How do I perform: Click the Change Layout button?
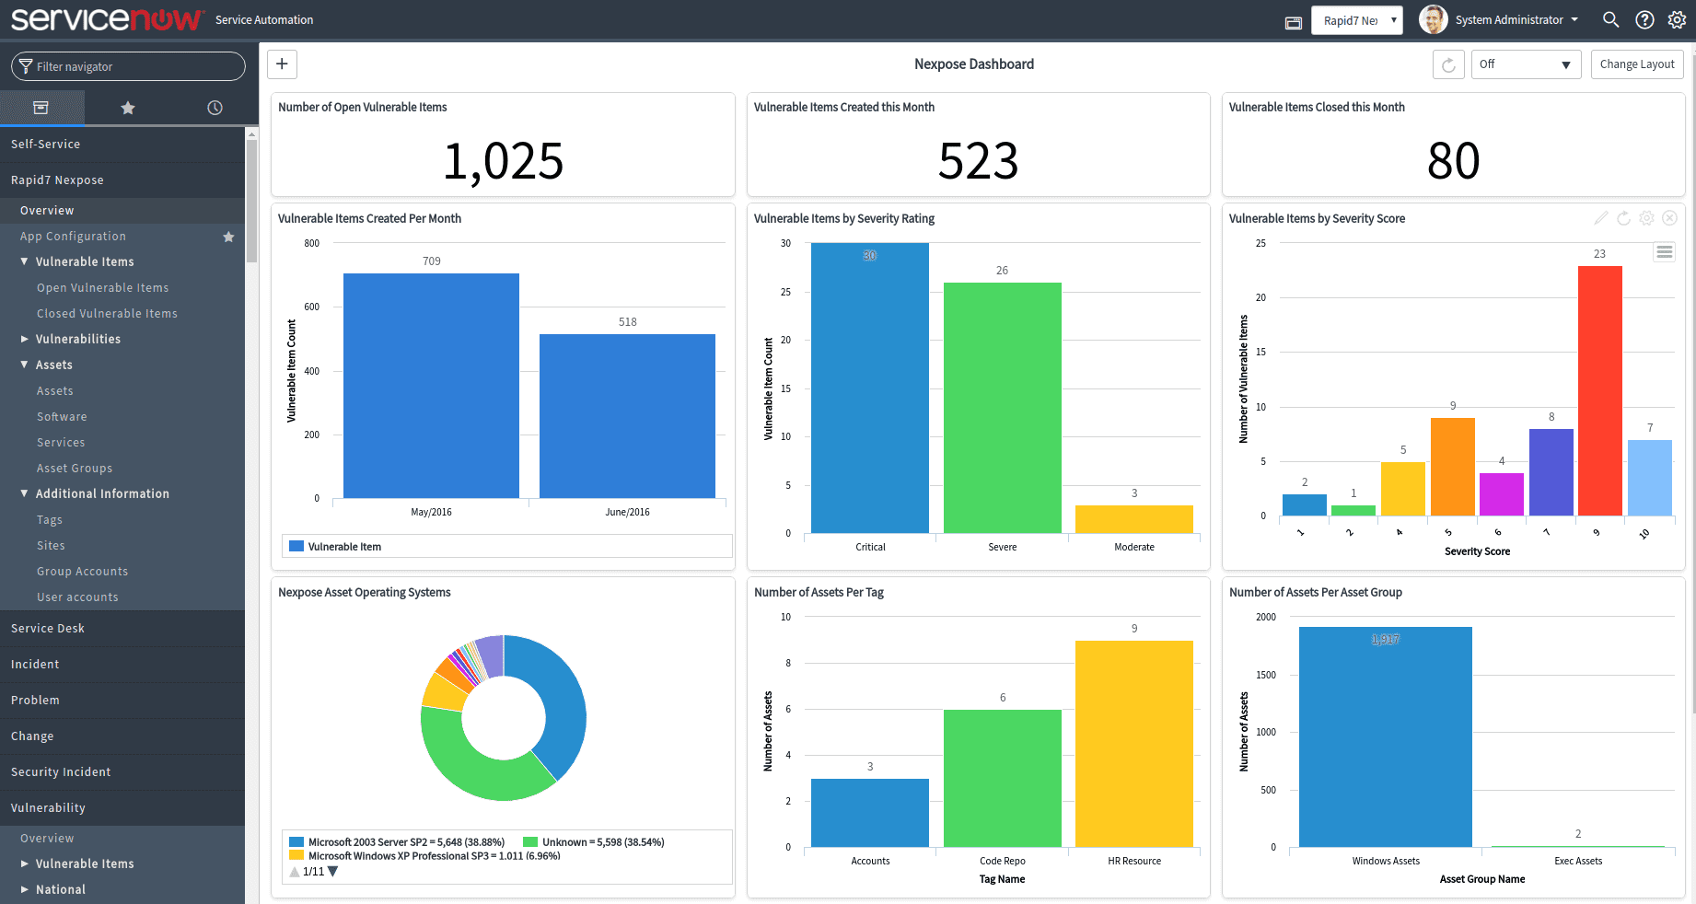(1636, 64)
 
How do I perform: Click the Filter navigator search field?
(129, 66)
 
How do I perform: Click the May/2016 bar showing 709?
(431, 386)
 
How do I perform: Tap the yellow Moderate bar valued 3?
(1133, 519)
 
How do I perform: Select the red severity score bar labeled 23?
(1599, 390)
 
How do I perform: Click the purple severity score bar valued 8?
(1551, 472)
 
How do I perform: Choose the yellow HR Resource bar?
(1133, 744)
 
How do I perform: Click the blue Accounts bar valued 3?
(869, 813)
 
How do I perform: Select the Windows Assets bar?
(1385, 736)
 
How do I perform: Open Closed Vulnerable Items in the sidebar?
(107, 313)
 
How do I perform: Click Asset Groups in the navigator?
(75, 468)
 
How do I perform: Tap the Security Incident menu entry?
(61, 771)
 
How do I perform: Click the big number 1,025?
(503, 161)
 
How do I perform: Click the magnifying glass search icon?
(1610, 19)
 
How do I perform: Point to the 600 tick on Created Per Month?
(312, 307)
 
